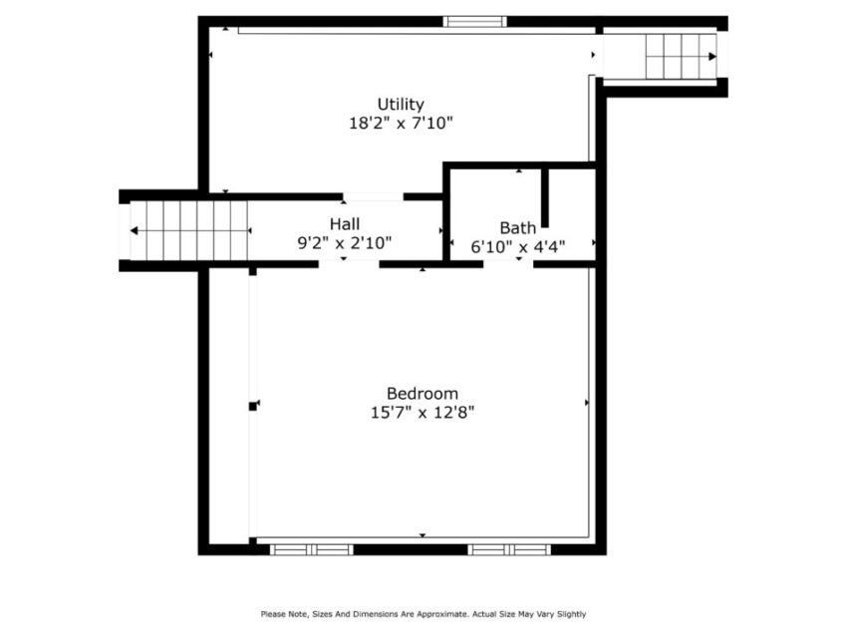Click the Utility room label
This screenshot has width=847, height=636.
coord(401,104)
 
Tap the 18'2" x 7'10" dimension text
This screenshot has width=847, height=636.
coord(401,124)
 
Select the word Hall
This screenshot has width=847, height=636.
coord(346,223)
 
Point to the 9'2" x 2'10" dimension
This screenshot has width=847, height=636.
coord(346,241)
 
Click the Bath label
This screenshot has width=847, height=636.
coord(518,227)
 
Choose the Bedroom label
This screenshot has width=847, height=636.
coord(423,393)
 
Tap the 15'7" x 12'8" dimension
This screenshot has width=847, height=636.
coord(423,412)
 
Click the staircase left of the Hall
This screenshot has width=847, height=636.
coord(189,230)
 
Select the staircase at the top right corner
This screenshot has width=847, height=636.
coord(681,57)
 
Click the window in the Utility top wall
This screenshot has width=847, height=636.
coord(475,21)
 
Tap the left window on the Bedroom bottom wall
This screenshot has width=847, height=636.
coord(311,549)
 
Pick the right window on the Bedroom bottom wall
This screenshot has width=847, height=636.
coord(509,549)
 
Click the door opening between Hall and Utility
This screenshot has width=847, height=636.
coord(373,196)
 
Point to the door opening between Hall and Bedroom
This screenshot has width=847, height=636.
coord(348,264)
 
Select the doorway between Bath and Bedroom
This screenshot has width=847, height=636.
coord(508,264)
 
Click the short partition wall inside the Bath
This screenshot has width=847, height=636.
coord(545,197)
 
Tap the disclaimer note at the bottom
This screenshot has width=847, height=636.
coord(423,614)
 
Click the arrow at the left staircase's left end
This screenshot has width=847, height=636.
coord(135,231)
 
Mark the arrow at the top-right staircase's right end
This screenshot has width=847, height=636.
coord(712,57)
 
